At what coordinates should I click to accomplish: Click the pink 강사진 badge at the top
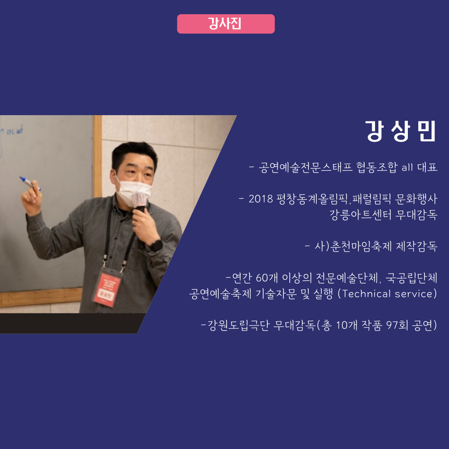[x=226, y=24]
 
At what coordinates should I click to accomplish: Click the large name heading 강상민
[x=401, y=131]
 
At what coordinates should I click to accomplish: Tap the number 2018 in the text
[x=260, y=199]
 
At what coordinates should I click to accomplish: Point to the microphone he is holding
[x=141, y=204]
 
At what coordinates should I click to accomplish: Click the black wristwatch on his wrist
[x=156, y=245]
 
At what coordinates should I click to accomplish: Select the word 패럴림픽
[x=371, y=199]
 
